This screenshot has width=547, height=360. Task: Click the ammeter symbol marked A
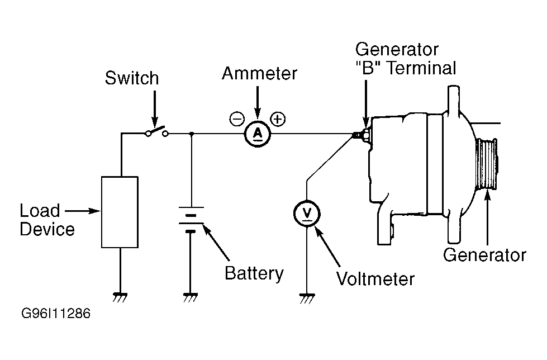tap(257, 133)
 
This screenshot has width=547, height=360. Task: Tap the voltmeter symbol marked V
tap(307, 212)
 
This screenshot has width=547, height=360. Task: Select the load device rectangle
tap(119, 211)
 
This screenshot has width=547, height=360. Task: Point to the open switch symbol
tap(157, 132)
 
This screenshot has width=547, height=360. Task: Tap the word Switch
tap(132, 78)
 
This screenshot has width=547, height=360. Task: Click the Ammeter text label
tap(260, 73)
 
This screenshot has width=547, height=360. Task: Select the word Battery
tap(254, 274)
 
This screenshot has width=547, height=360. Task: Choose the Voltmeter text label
tap(375, 278)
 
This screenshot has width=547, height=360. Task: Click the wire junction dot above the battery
tap(192, 134)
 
